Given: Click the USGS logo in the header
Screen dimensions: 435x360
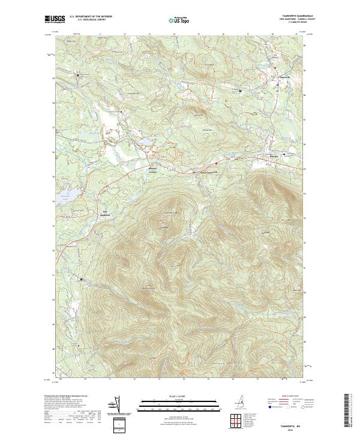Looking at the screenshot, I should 55,19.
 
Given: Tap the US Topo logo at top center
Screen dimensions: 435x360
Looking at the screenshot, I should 180,19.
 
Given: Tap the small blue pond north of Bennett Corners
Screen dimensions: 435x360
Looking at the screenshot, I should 144,143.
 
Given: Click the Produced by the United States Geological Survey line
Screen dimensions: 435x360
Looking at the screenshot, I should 75,397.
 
